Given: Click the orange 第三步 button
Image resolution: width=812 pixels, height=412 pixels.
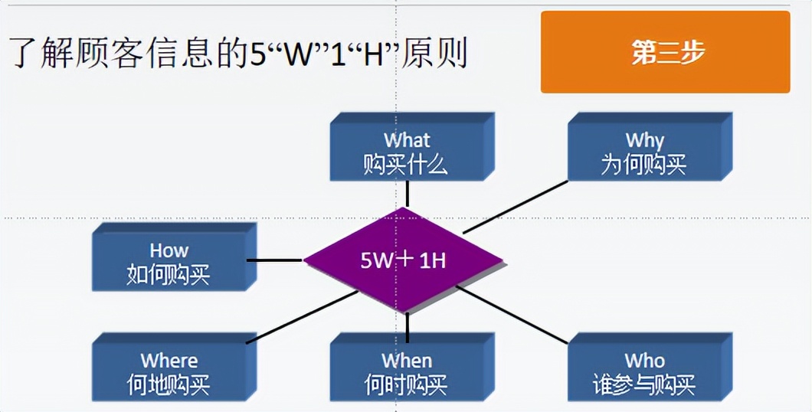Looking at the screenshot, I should (665, 52).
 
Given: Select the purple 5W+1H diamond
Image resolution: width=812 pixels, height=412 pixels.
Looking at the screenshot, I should (404, 260).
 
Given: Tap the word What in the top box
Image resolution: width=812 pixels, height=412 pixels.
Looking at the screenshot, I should (406, 140).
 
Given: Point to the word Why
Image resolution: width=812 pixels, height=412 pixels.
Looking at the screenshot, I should (644, 140).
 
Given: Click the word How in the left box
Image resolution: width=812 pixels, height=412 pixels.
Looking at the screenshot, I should (169, 250).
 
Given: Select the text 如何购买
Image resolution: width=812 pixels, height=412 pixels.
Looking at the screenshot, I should (168, 275).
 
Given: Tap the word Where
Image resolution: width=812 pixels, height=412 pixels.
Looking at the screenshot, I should (169, 361).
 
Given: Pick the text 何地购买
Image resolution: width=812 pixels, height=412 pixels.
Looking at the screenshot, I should (168, 385).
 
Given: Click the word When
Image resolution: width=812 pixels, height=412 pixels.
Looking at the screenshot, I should (406, 361).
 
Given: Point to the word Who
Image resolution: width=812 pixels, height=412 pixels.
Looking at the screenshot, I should (644, 361).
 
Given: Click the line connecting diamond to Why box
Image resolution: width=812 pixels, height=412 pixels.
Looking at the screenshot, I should (515, 207).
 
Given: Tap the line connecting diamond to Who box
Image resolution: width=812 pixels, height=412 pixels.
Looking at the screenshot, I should (512, 314).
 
